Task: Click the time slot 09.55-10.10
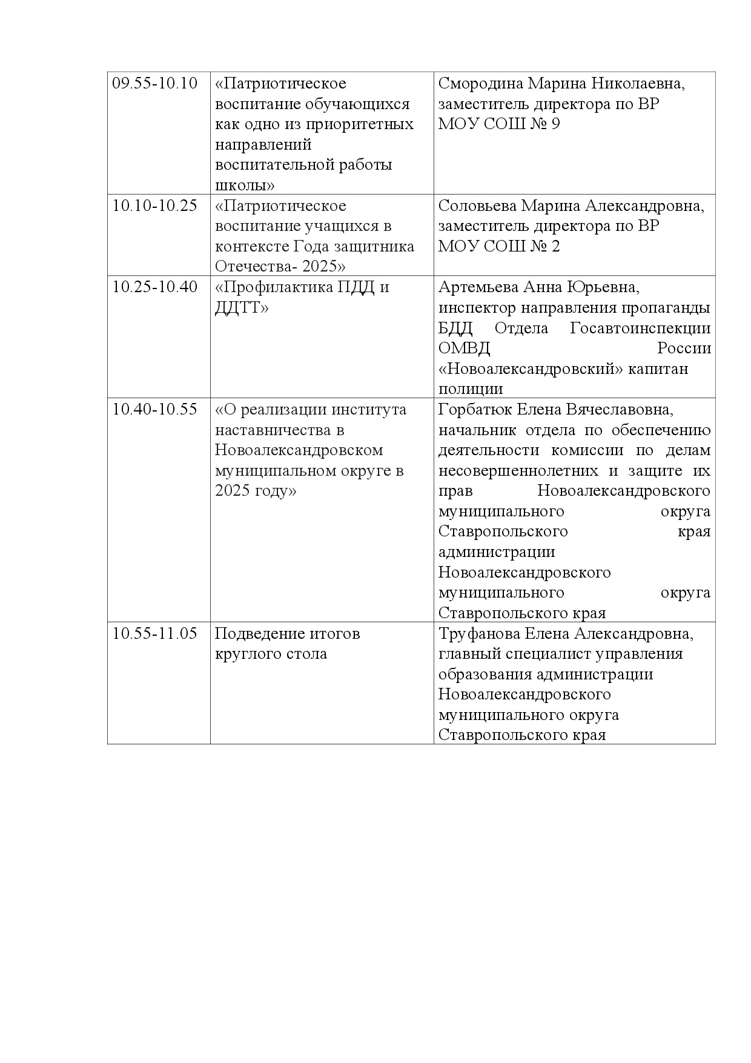(x=155, y=84)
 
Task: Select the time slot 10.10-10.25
(x=155, y=206)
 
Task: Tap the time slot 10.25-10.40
(x=155, y=287)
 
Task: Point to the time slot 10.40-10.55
(x=155, y=410)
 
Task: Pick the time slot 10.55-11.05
(x=155, y=634)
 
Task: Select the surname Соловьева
(x=477, y=206)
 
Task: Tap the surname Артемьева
(x=478, y=287)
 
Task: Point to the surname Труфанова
(x=478, y=634)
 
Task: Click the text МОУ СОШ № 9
(x=499, y=124)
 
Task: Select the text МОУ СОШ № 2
(x=499, y=247)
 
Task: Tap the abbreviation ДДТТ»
(x=242, y=308)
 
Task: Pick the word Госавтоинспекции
(x=640, y=328)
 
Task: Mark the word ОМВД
(x=464, y=349)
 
